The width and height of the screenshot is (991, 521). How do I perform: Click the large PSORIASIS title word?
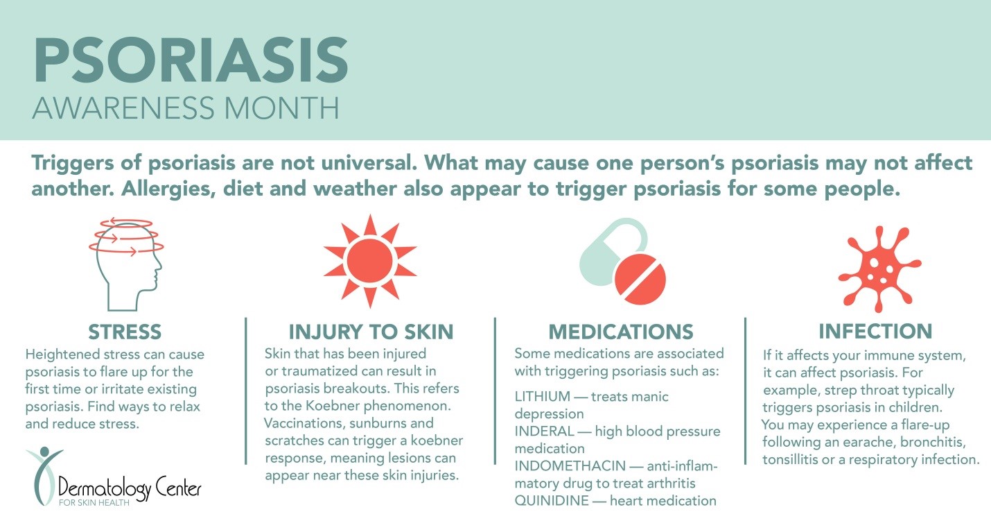191,60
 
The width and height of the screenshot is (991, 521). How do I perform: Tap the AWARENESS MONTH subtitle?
186,108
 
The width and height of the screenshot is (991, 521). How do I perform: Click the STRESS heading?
125,332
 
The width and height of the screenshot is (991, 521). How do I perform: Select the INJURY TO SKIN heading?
371,332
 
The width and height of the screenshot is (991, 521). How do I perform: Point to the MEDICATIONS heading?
621,332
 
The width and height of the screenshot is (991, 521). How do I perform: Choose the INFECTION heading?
875,332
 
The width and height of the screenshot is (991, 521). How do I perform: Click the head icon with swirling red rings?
127,264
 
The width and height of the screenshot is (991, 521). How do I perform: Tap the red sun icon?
370,262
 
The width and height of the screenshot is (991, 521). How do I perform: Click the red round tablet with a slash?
640,279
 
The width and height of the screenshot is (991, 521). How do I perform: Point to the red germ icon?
879,268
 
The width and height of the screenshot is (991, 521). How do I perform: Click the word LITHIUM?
543,396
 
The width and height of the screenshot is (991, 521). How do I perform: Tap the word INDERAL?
545,431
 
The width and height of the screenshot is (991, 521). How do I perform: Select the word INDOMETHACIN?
570,466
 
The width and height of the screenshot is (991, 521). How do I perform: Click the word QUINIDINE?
552,501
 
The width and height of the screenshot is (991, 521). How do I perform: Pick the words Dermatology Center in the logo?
130,488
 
